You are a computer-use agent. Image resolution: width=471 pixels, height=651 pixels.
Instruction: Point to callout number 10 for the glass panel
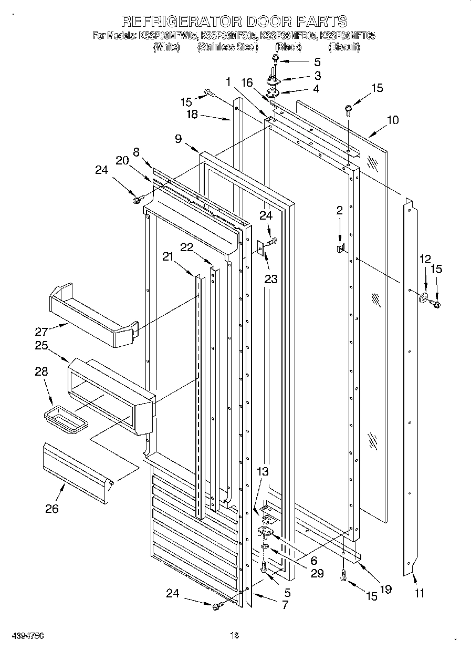[392, 120]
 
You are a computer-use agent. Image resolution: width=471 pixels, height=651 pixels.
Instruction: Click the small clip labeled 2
[340, 246]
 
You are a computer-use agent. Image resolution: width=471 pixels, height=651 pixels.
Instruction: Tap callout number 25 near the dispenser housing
[41, 346]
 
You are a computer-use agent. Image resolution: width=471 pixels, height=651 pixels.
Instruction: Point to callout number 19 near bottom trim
[385, 589]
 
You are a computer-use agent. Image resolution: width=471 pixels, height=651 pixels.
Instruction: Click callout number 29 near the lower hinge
[316, 573]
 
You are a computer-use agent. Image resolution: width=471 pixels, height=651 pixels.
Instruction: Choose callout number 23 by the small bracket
[270, 280]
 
